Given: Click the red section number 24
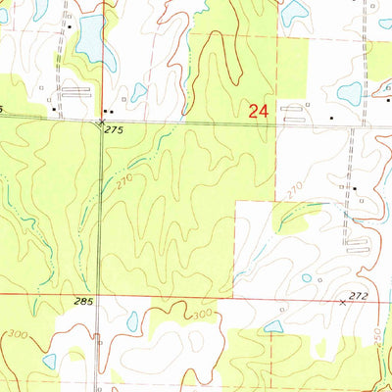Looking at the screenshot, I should point(259,112).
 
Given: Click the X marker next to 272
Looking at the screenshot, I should point(342,303).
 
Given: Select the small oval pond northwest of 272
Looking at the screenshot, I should point(307,278).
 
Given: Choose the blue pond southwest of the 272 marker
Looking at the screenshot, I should point(273,326).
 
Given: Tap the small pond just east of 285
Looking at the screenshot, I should point(132,320).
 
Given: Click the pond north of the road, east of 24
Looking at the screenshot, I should point(349,94).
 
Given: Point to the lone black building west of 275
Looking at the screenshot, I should point(54,111).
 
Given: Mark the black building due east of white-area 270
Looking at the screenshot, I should point(354,187).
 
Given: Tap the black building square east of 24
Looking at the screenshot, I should point(331,117).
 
